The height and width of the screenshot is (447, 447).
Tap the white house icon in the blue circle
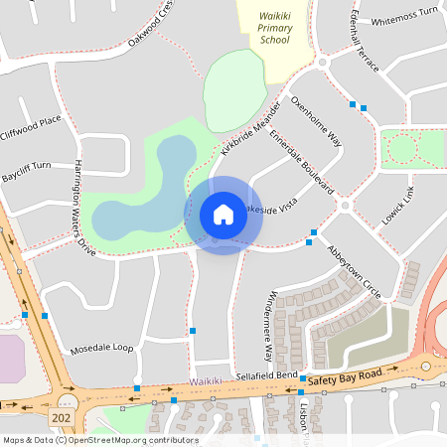(x=223, y=215)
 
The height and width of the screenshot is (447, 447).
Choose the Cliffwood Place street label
(x=31, y=126)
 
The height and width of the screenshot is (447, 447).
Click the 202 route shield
(x=62, y=418)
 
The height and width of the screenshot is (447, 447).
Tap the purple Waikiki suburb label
(x=207, y=380)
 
